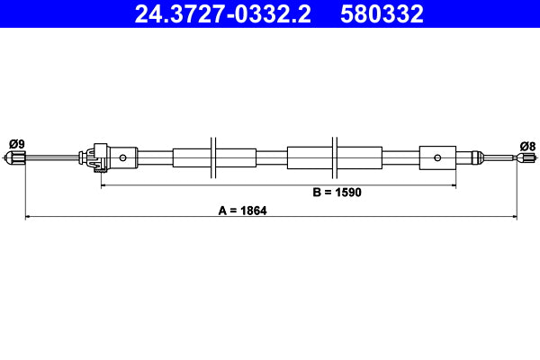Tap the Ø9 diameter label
pyautogui.click(x=16, y=143)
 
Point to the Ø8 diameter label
pyautogui.click(x=527, y=145)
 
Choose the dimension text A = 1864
pyautogui.click(x=242, y=211)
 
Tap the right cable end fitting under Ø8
pyautogui.click(x=520, y=158)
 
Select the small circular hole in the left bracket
pyautogui.click(x=122, y=158)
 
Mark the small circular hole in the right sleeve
pyautogui.click(x=437, y=158)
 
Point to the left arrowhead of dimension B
pyautogui.click(x=103, y=184)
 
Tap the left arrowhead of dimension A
pyautogui.click(x=28, y=216)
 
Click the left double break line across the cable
pyautogui.click(x=213, y=158)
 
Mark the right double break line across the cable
pyautogui.click(x=334, y=158)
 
